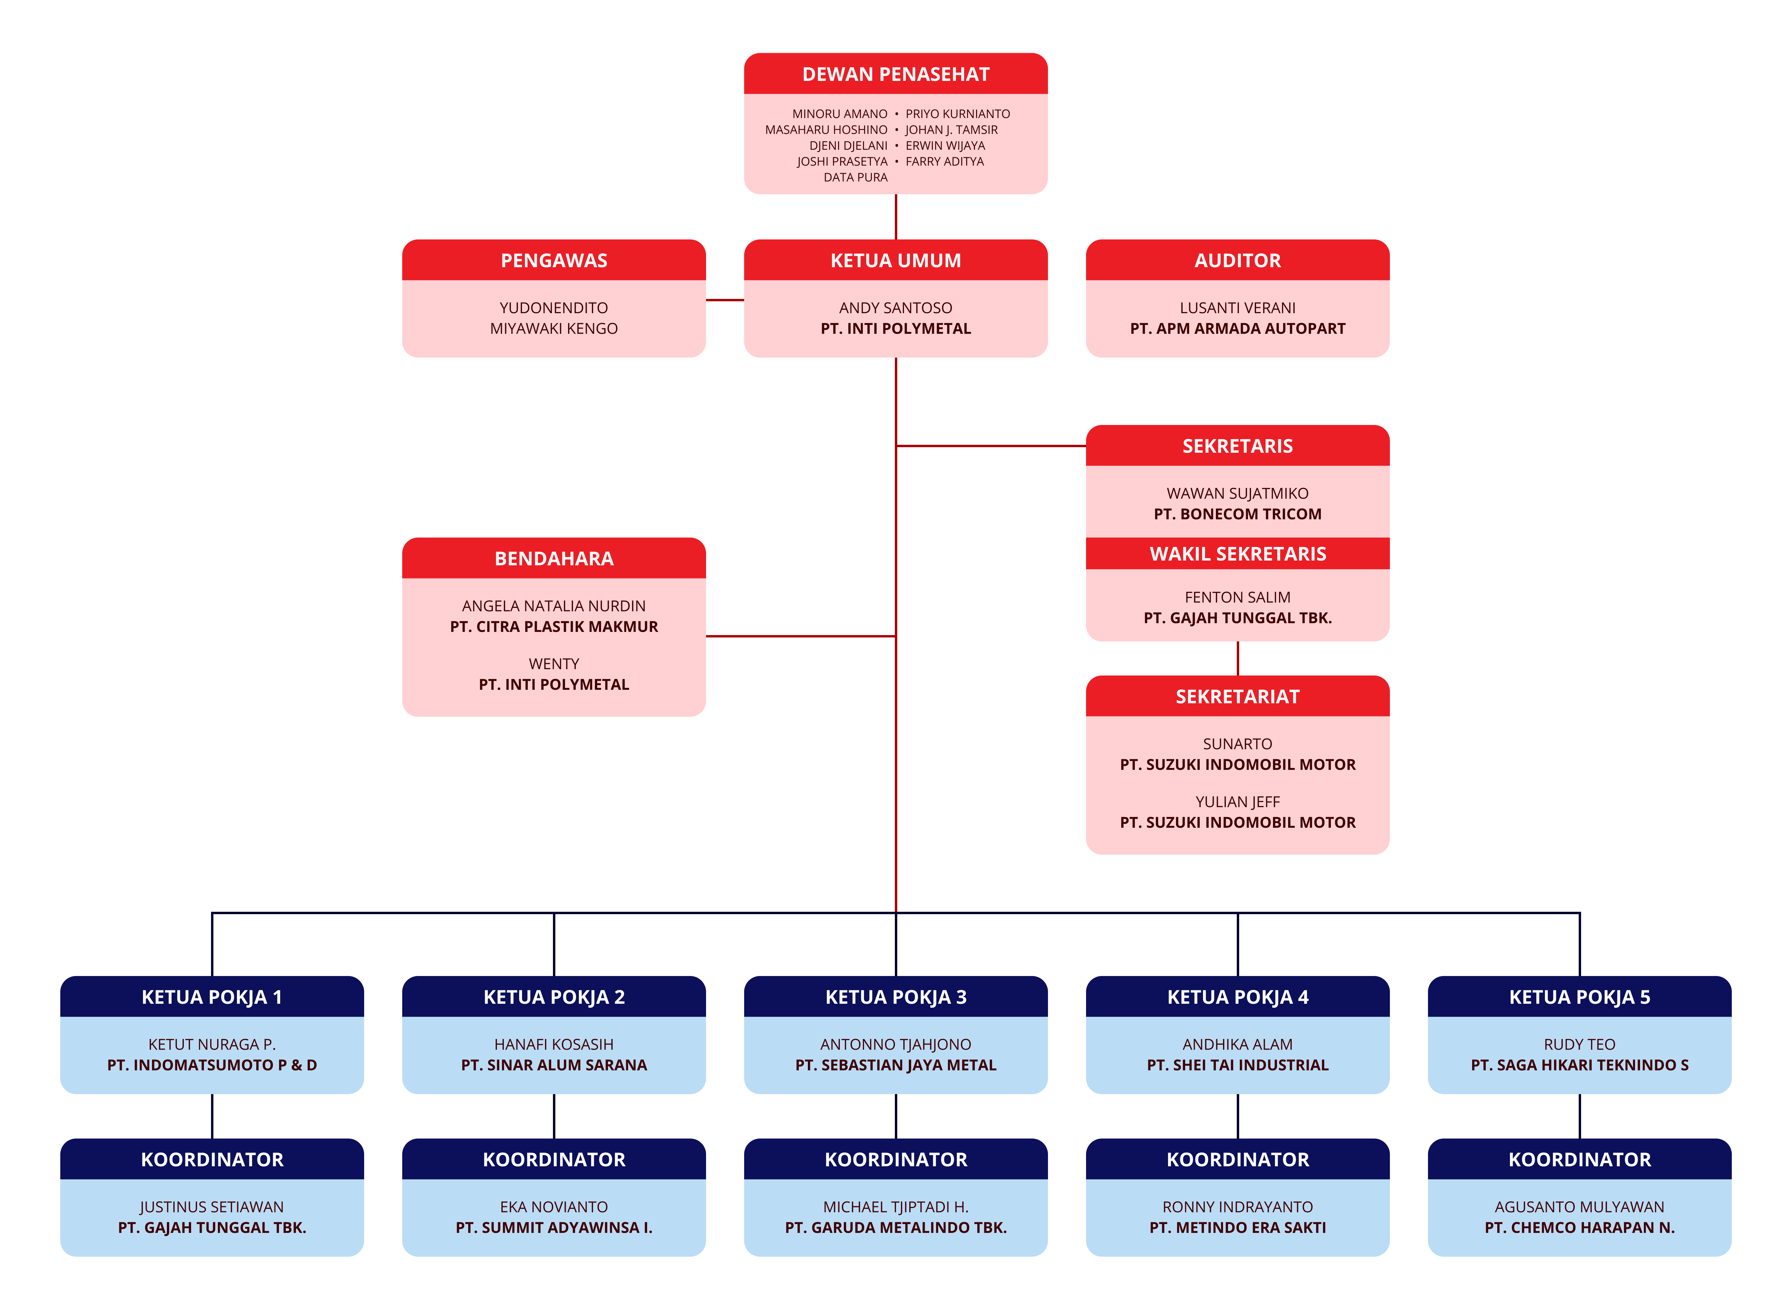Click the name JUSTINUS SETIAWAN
pyautogui.click(x=212, y=1207)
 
